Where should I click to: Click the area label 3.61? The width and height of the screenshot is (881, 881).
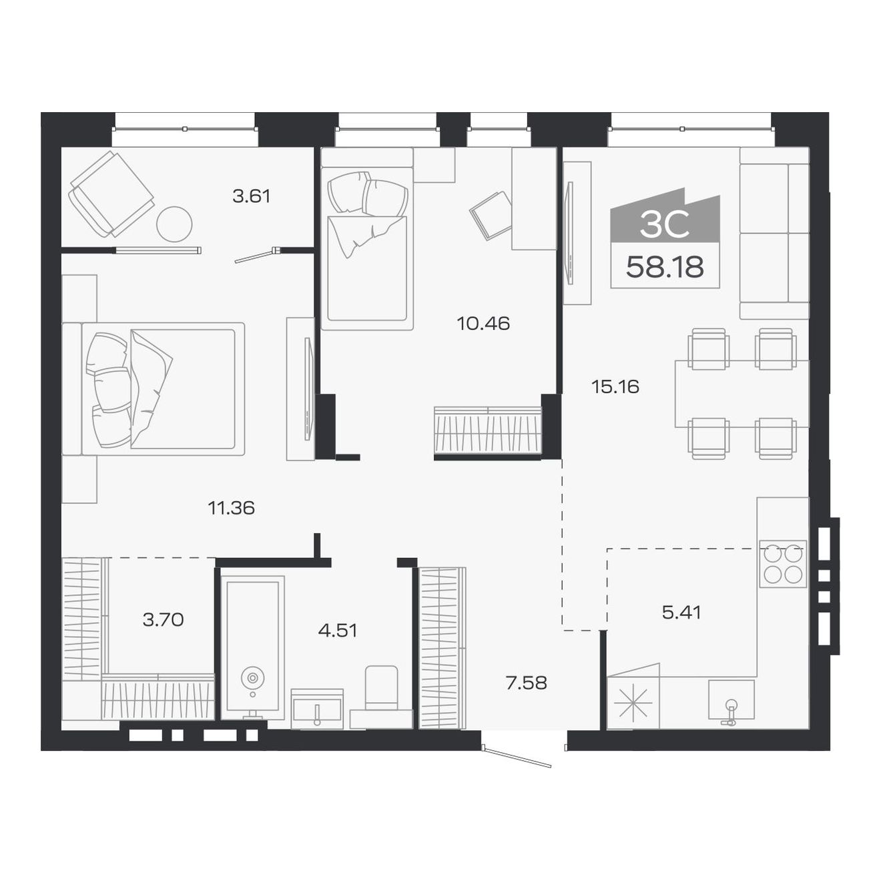251,196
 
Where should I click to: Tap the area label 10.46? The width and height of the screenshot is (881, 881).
483,324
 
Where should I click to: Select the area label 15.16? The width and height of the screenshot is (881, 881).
615,386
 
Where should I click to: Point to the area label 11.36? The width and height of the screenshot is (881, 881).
231,508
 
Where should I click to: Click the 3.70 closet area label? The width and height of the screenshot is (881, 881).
163,619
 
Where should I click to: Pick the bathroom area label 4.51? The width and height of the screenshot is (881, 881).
338,630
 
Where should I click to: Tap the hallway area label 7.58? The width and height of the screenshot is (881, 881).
526,683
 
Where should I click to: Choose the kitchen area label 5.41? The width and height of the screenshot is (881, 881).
681,612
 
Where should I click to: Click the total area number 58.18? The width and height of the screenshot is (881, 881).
665,267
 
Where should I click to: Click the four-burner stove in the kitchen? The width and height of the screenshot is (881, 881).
783,564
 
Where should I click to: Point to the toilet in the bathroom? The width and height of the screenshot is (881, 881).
381,691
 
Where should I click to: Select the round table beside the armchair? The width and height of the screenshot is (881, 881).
174,224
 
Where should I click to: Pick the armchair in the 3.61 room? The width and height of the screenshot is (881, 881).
111,194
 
